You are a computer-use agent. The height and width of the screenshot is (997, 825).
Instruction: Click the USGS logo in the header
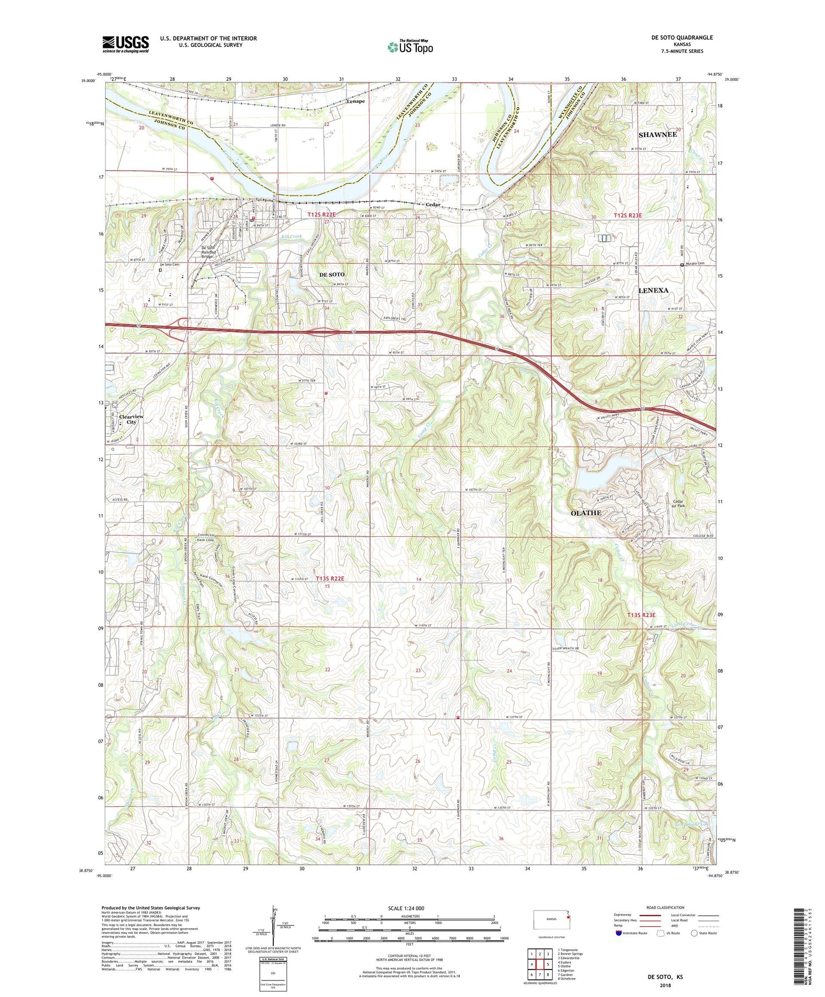pyautogui.click(x=125, y=44)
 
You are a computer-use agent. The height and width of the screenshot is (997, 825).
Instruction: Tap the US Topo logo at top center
pyautogui.click(x=410, y=47)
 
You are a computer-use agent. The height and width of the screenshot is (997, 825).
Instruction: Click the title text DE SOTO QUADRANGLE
pyautogui.click(x=684, y=37)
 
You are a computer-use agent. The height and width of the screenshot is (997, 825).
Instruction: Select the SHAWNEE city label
pyautogui.click(x=657, y=135)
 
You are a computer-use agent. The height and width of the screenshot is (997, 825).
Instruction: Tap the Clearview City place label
pyautogui.click(x=131, y=419)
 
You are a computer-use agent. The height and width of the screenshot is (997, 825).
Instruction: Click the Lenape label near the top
pyautogui.click(x=355, y=101)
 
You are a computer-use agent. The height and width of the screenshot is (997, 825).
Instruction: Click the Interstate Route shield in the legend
pyautogui.click(x=619, y=933)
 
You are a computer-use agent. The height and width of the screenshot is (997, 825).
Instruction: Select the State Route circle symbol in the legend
pyautogui.click(x=694, y=933)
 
